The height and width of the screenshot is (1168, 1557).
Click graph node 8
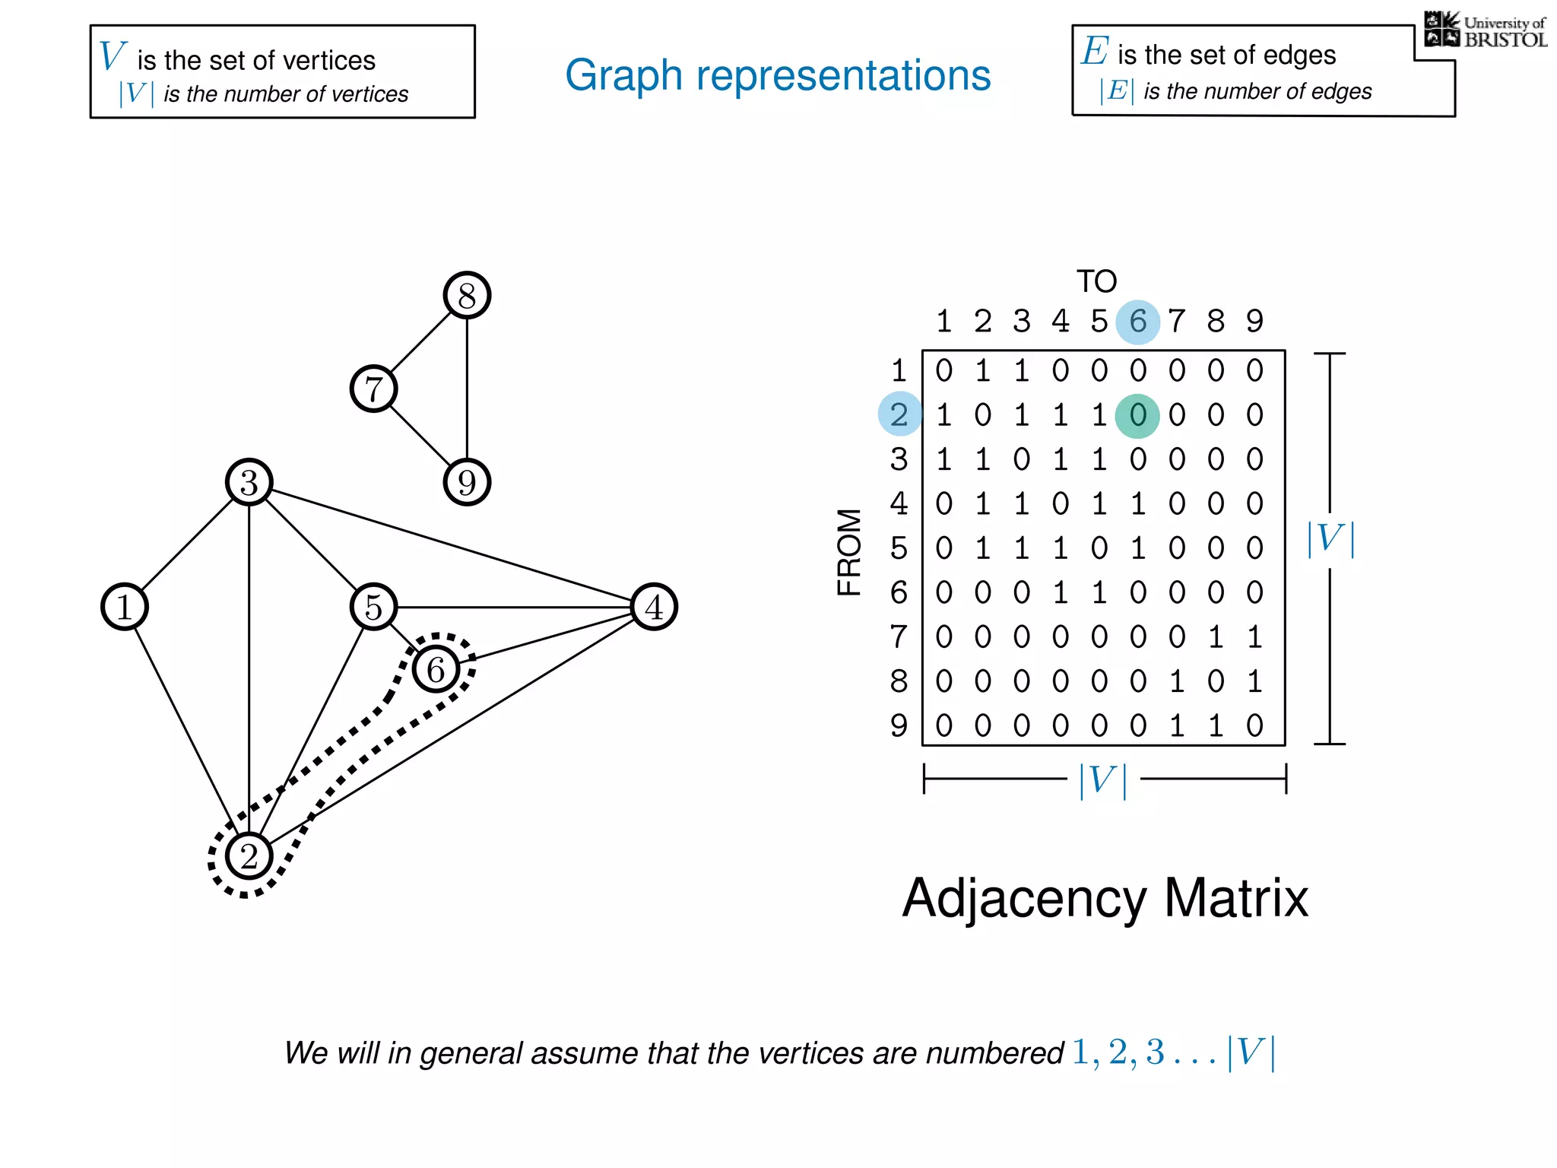click(467, 295)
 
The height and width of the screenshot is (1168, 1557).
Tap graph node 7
click(373, 389)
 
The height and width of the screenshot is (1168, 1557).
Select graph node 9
click(467, 482)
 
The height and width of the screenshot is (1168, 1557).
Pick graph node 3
click(249, 482)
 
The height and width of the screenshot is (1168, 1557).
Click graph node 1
click(125, 607)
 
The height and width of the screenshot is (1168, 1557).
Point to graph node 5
click(373, 607)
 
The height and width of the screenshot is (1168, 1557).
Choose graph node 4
click(654, 607)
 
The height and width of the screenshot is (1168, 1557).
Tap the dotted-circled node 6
click(436, 669)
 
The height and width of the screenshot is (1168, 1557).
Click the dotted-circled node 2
click(249, 856)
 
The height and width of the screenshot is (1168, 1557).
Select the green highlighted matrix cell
click(1137, 416)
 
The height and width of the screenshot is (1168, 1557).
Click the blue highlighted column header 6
click(1137, 322)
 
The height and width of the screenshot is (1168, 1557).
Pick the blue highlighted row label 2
click(899, 414)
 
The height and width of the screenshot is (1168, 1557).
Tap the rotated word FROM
click(849, 552)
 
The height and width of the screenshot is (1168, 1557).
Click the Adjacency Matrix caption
click(1105, 899)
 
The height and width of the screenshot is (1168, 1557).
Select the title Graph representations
click(778, 75)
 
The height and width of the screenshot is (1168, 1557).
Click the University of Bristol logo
click(1485, 30)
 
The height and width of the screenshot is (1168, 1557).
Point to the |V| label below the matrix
click(1103, 779)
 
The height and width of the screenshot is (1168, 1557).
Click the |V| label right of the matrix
click(1330, 538)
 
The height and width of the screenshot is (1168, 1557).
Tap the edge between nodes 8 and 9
click(467, 389)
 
